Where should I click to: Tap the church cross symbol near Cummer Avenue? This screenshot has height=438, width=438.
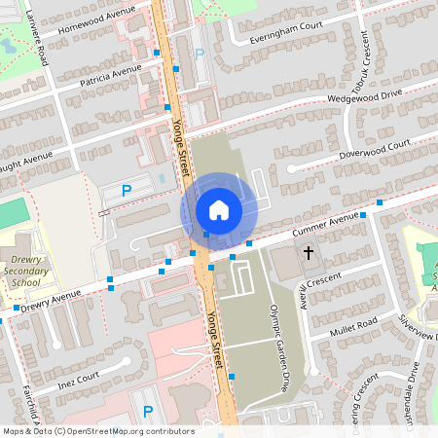[x=309, y=253]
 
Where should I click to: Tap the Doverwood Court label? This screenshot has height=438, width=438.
[x=374, y=148]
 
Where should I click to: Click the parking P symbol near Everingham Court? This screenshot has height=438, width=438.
[x=201, y=55]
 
